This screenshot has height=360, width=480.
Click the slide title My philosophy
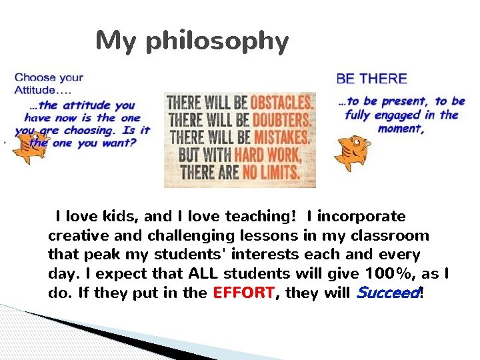192,42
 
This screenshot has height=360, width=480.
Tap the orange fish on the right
351,151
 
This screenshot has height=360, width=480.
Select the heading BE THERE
371,79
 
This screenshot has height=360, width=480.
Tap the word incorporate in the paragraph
361,217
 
